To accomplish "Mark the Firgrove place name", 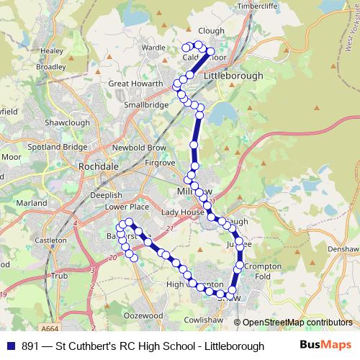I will click(160, 163).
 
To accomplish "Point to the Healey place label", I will click(52, 51).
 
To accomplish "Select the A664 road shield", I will click(50, 328).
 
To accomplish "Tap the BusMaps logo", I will click(325, 345).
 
